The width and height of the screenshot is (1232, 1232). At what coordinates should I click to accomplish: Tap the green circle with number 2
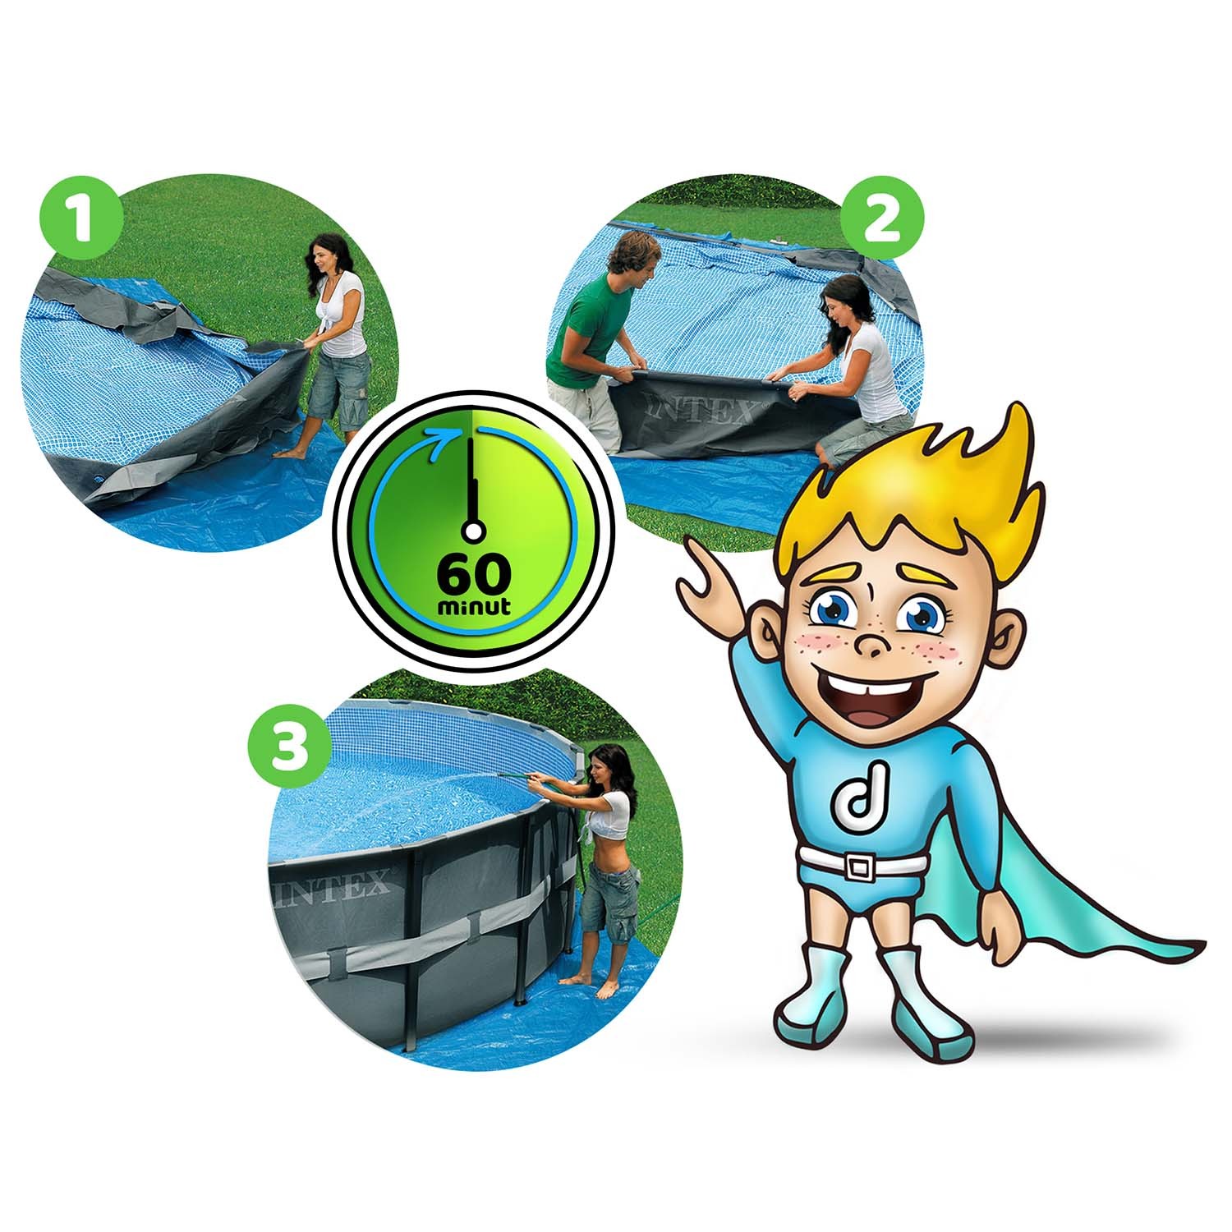pyautogui.click(x=884, y=223)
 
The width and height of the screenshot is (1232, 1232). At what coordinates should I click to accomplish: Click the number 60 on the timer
pyautogui.click(x=474, y=576)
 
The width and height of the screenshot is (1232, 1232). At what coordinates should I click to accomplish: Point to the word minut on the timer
pyautogui.click(x=475, y=608)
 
